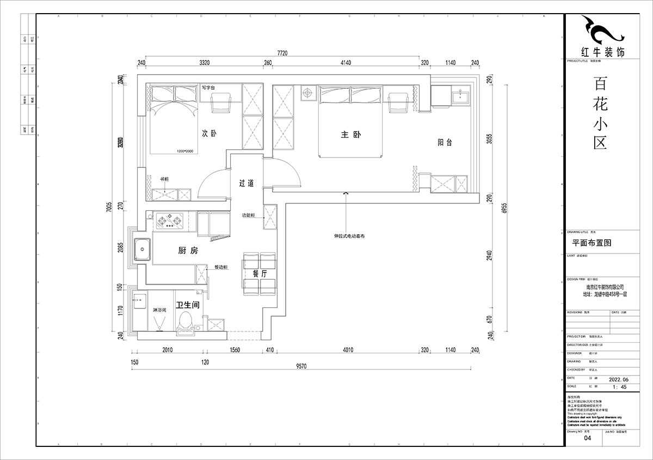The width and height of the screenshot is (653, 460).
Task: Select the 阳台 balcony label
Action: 445,143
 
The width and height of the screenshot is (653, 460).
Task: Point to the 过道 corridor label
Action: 246,184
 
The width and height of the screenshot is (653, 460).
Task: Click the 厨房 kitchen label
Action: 188,251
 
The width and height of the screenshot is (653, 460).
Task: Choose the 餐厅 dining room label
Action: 260,274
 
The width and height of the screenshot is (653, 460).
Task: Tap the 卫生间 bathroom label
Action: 187,305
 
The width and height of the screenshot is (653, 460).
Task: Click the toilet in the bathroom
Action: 184,321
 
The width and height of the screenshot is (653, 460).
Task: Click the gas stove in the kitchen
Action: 169,221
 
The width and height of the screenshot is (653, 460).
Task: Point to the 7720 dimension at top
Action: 282,53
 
